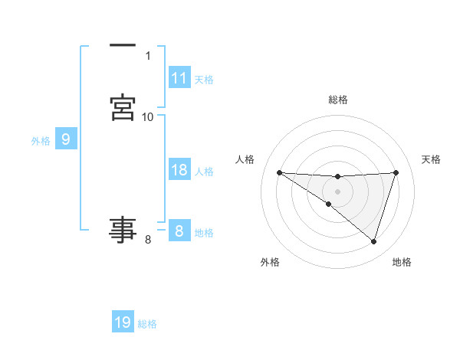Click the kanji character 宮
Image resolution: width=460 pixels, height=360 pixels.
pyautogui.click(x=123, y=107)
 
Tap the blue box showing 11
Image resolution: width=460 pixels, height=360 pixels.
pyautogui.click(x=179, y=78)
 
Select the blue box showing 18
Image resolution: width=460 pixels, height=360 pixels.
pyautogui.click(x=179, y=170)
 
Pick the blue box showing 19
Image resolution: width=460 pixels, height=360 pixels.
pyautogui.click(x=123, y=322)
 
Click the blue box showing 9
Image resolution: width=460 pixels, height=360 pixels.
pyautogui.click(x=66, y=139)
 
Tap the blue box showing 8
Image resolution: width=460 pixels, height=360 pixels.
pyautogui.click(x=179, y=231)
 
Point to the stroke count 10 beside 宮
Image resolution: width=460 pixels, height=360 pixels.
pyautogui.click(x=148, y=117)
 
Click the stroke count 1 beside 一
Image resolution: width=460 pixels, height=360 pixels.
pyautogui.click(x=148, y=56)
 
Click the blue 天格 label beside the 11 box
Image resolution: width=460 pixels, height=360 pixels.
pyautogui.click(x=204, y=80)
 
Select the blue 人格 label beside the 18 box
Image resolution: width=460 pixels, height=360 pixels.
pyautogui.click(x=204, y=172)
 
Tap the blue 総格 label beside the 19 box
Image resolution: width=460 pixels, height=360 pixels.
pyautogui.click(x=147, y=324)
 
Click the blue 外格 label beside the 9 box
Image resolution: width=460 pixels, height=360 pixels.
pyautogui.click(x=41, y=141)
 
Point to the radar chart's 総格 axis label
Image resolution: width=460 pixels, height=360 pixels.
pyautogui.click(x=338, y=100)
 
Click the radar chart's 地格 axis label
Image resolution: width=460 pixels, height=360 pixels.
pyautogui.click(x=402, y=262)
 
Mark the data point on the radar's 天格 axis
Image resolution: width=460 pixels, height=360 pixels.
pyautogui.click(x=396, y=172)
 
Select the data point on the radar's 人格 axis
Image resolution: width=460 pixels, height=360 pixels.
pyautogui.click(x=279, y=172)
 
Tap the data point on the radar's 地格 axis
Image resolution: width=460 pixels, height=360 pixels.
pyautogui.click(x=374, y=241)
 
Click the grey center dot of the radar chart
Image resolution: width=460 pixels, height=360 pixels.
pyautogui.click(x=338, y=191)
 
